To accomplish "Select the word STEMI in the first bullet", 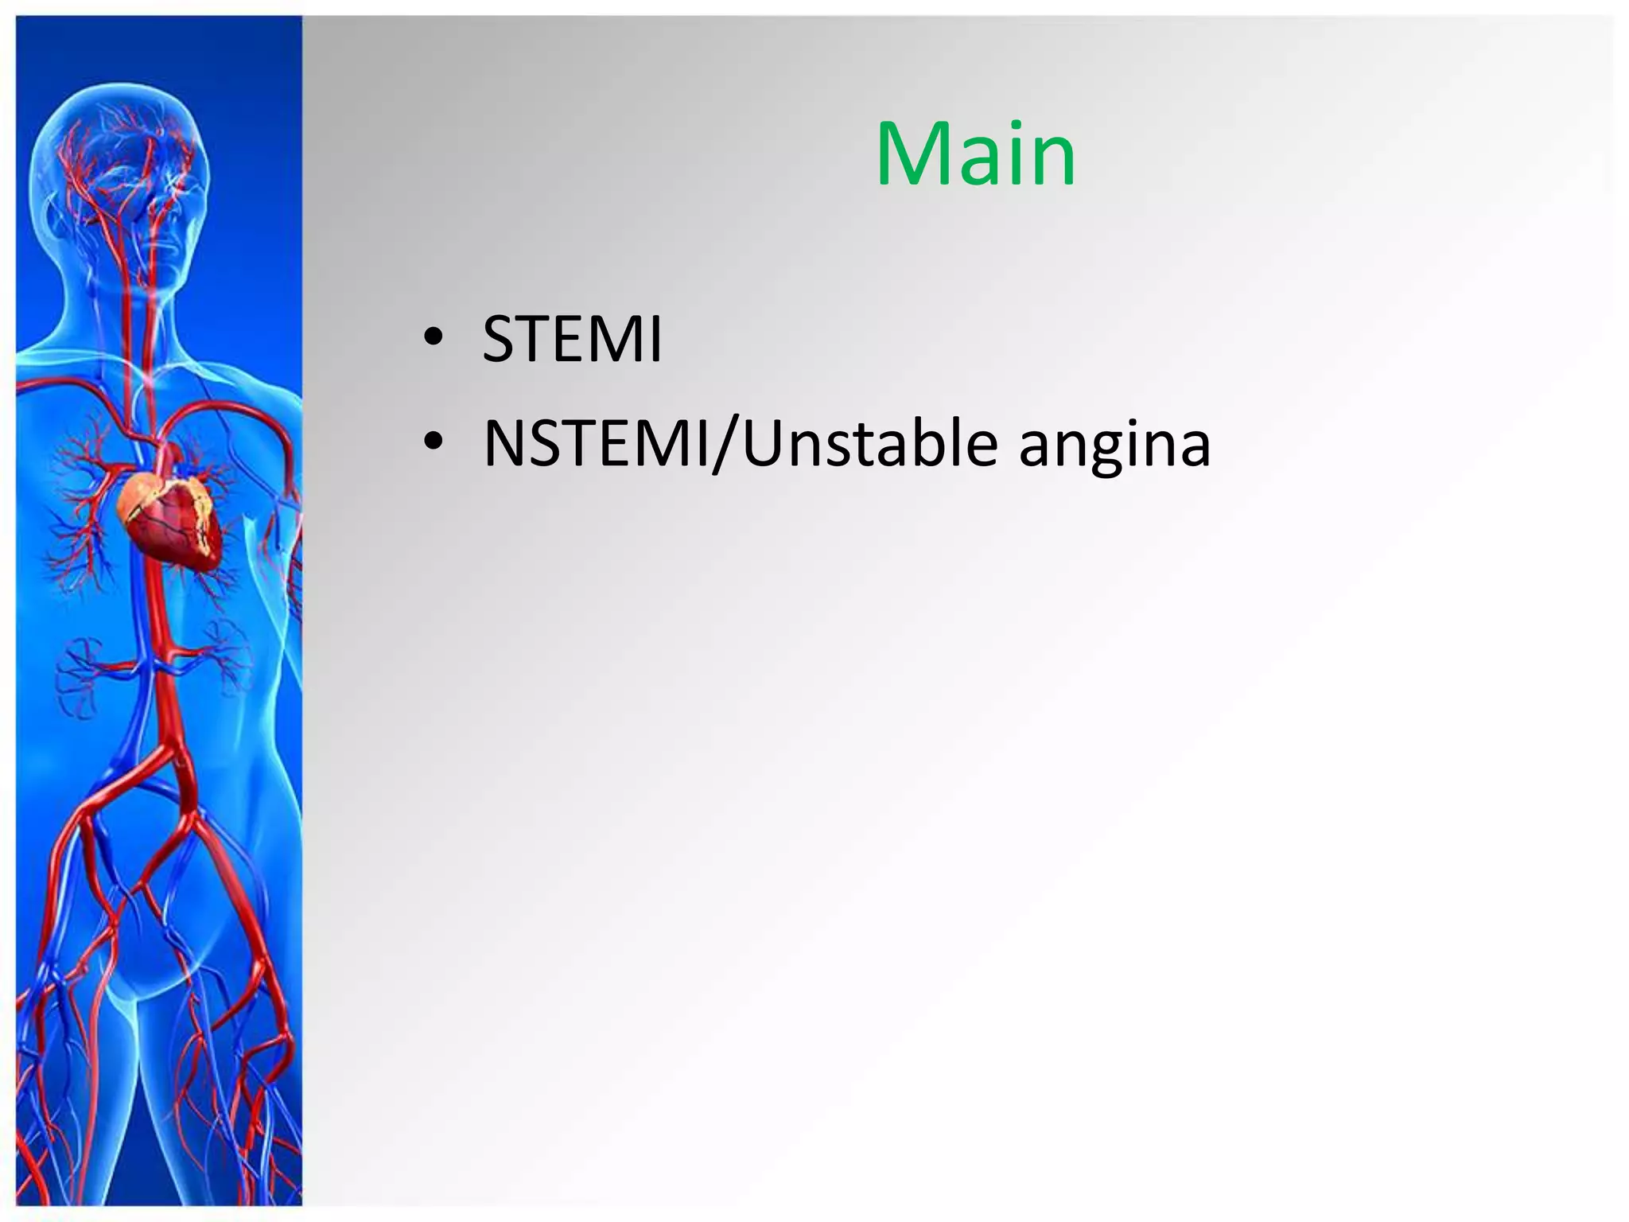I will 572,340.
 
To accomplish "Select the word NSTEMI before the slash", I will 597,443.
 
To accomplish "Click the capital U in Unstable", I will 765,443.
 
